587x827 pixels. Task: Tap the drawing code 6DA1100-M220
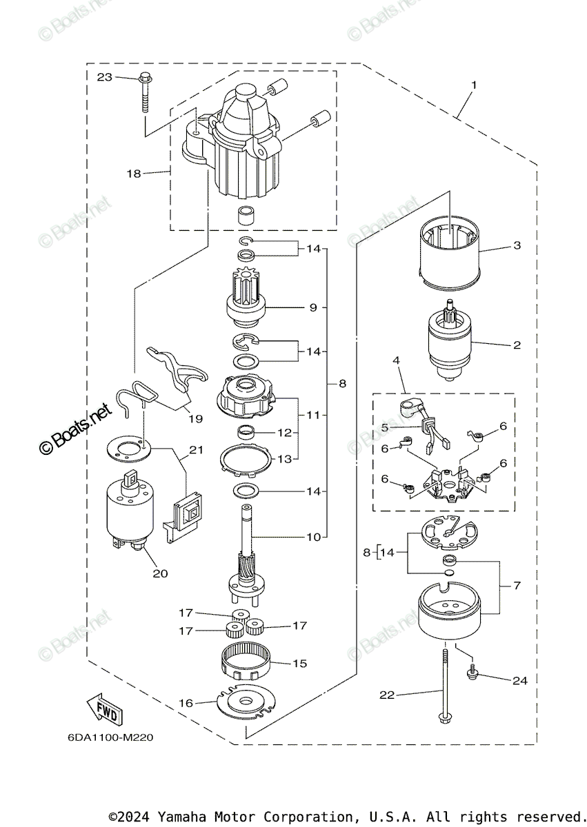(x=110, y=737)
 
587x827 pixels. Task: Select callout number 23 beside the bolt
(x=105, y=77)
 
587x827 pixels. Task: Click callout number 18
(x=133, y=174)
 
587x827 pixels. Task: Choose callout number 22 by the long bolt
(x=386, y=695)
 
